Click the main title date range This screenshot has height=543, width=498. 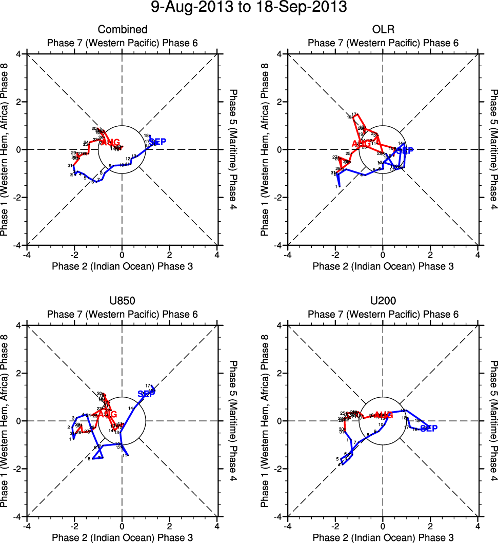coord(249,8)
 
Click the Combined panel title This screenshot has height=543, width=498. coord(122,29)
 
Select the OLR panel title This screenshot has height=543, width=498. coord(383,29)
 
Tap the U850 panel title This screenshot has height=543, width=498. coord(122,301)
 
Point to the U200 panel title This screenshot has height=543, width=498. coord(383,301)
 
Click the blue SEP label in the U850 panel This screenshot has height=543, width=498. coord(147,393)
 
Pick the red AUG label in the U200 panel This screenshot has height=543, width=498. coord(383,415)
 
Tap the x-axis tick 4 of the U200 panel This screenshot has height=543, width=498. coord(478,526)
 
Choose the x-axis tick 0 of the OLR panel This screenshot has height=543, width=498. coord(383,254)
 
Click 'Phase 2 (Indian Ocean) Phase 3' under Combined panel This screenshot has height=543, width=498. coord(122,266)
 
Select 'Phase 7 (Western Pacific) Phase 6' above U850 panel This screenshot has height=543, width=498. coord(122,314)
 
